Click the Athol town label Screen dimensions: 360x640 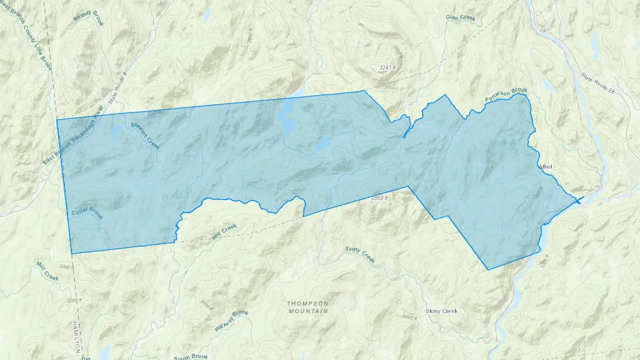click(x=545, y=166)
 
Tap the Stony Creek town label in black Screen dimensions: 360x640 click(x=441, y=311)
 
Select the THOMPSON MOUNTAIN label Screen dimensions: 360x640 click(x=308, y=307)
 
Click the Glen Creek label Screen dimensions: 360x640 click(x=460, y=17)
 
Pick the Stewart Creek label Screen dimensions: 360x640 click(x=145, y=136)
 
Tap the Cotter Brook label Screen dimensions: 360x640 click(x=87, y=213)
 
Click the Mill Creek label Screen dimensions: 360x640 click(x=47, y=271)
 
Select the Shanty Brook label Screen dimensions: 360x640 click(x=88, y=18)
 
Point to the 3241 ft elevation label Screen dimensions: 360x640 click(x=387, y=68)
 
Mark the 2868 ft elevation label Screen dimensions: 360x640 click(x=379, y=198)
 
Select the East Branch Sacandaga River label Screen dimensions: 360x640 click(x=73, y=135)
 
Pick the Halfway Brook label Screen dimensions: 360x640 click(x=231, y=321)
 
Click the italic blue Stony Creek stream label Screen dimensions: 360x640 click(x=360, y=254)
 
